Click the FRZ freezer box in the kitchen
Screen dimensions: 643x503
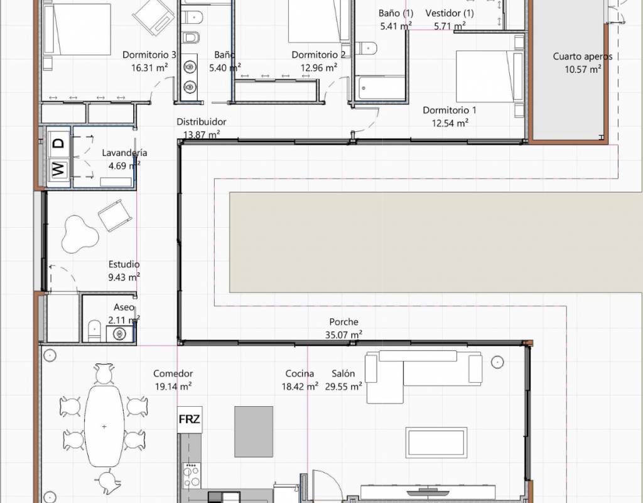[x=190, y=419]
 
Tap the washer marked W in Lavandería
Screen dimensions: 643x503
[x=58, y=169]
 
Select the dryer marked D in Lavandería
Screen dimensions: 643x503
[x=58, y=143]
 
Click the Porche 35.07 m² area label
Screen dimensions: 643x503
[x=343, y=328]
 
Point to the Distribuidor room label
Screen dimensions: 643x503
[x=202, y=121]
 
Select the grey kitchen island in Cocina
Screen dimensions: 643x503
[x=254, y=431]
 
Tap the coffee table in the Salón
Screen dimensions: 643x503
[x=436, y=443]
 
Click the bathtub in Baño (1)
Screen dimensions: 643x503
[x=381, y=87]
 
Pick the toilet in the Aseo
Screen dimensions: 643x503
[x=94, y=331]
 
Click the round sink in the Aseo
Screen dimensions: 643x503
[x=120, y=334]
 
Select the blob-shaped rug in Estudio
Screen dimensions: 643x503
[x=80, y=234]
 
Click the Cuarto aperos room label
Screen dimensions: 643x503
[x=582, y=57]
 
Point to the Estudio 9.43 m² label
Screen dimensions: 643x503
[x=124, y=270]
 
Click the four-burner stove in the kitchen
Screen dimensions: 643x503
[x=192, y=475]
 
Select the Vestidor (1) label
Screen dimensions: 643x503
[x=450, y=13]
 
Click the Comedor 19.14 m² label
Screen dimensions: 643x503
[x=173, y=380]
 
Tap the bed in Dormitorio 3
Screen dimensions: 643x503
[x=77, y=29]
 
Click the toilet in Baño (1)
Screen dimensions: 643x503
[x=366, y=48]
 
